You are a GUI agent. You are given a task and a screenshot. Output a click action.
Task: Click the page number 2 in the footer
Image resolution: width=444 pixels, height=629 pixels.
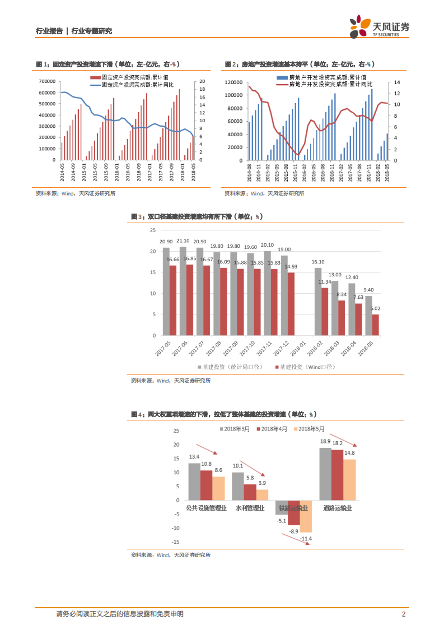pos(403,614)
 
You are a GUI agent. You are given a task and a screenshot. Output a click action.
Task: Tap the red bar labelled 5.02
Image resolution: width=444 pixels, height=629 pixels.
pos(375,325)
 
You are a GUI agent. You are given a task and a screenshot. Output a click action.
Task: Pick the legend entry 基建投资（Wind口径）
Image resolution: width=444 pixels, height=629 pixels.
pos(301,367)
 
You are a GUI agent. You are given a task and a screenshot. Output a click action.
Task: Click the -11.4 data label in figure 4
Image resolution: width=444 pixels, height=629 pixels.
pos(306,539)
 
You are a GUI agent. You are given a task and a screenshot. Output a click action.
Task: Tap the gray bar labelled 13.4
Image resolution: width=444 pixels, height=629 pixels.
pos(194,481)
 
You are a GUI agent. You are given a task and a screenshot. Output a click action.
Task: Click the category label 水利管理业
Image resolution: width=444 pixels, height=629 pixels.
pos(250,508)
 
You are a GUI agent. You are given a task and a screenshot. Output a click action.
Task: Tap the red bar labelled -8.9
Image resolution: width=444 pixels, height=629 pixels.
pos(293,512)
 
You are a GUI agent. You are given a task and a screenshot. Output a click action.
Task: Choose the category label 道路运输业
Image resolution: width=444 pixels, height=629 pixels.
pos(338,508)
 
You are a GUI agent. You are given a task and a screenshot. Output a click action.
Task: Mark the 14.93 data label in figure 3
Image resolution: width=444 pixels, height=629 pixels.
pos(291,267)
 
